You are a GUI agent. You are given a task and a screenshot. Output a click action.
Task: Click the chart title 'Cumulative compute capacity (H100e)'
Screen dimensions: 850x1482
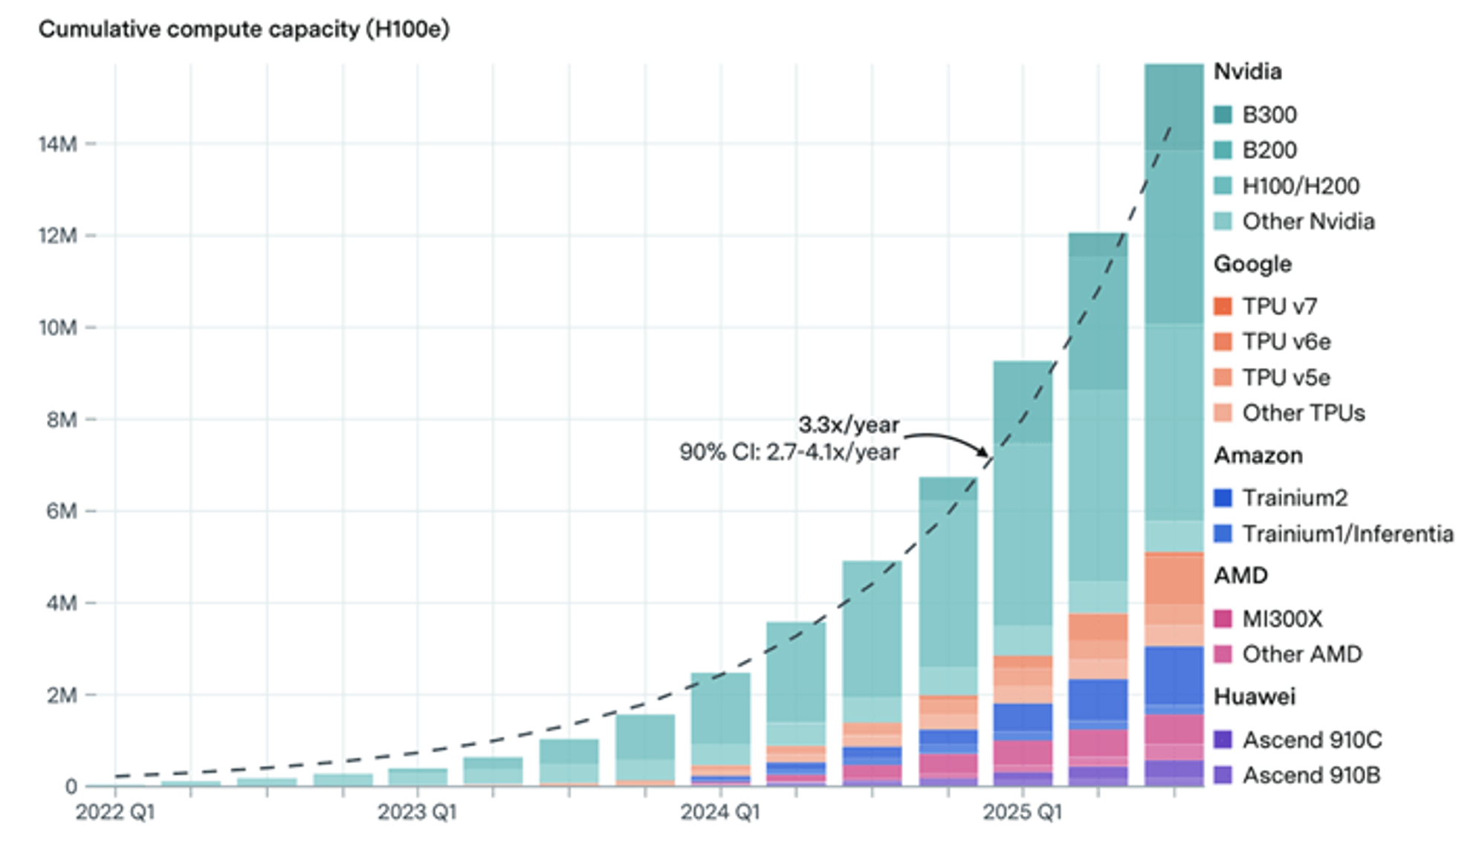coord(244,30)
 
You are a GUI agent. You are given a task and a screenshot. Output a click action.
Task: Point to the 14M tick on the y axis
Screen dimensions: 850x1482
coord(58,144)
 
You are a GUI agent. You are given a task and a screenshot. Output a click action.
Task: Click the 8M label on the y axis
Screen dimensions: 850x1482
coord(61,420)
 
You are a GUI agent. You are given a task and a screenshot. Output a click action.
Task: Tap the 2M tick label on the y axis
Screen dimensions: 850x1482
coord(61,695)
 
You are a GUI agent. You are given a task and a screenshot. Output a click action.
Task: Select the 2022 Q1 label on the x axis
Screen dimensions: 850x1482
coord(115,812)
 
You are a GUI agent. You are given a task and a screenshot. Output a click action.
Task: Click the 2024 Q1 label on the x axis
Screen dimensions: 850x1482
coord(719,812)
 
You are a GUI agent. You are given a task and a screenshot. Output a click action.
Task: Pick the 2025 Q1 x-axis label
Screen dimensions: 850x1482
coord(1022,812)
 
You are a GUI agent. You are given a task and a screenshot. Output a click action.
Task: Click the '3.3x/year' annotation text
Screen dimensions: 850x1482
coord(849,425)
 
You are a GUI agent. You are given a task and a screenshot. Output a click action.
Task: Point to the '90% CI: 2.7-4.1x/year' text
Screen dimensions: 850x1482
coord(789,452)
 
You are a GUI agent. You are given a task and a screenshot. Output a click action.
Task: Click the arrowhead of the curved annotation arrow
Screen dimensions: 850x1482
coord(985,452)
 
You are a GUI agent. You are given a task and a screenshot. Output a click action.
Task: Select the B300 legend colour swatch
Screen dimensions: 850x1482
coord(1223,114)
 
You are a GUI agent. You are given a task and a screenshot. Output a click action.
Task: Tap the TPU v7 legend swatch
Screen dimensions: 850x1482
coord(1223,306)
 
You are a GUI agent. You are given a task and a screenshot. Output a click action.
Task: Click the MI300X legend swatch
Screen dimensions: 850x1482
coord(1223,618)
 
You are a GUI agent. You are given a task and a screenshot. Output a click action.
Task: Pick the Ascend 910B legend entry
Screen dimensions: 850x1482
coord(1311,775)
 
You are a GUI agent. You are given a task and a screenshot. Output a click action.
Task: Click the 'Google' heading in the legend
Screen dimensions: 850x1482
coord(1252,264)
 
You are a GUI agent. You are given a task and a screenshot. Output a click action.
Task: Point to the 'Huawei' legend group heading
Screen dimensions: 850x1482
coord(1255,696)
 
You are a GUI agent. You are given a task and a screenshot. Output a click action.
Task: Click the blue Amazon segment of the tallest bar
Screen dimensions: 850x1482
coord(1174,676)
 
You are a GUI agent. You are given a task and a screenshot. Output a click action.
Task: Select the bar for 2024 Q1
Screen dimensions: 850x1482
coord(720,728)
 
